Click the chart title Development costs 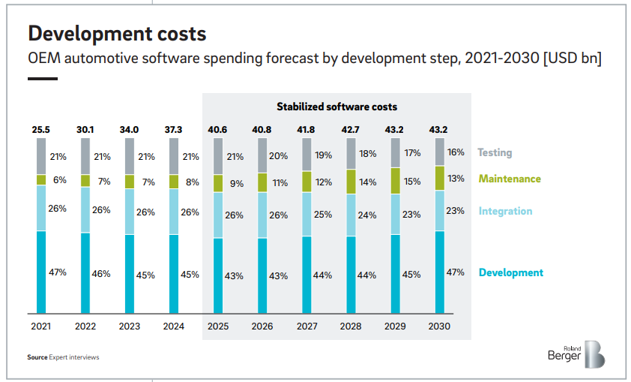[117, 34]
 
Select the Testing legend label [495, 152]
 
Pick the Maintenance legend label [510, 179]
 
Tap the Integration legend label [505, 211]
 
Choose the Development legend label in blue [510, 272]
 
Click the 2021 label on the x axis [41, 326]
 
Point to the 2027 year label [307, 326]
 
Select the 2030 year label [439, 326]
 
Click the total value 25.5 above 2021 [41, 130]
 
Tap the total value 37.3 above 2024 [174, 130]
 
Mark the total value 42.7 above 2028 [351, 130]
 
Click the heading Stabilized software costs [336, 107]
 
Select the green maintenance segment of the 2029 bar [395, 181]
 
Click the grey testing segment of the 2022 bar [85, 156]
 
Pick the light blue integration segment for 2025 [218, 215]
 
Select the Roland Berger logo [584, 354]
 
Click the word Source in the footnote [37, 357]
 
